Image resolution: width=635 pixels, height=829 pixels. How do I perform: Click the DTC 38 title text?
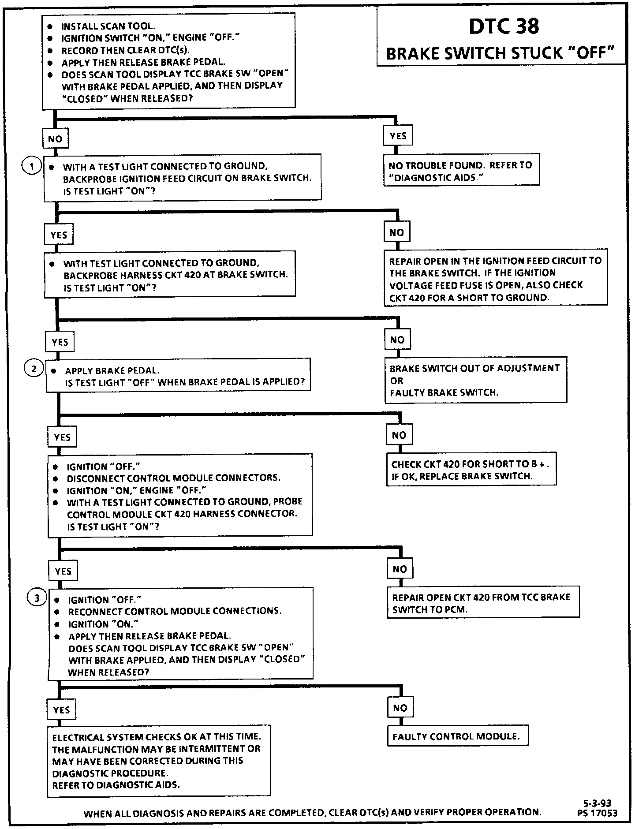point(504,26)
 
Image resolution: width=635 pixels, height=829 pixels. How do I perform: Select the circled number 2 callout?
point(34,368)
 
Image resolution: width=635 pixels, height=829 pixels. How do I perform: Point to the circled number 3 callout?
point(37,598)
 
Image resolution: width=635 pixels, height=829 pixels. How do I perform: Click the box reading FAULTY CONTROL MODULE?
point(457,736)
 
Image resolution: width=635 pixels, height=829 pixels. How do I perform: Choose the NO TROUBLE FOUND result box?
point(461,171)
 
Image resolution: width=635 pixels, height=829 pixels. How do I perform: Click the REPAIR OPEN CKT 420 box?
point(483,603)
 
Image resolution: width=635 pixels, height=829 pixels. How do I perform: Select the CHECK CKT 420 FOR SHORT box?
point(471,470)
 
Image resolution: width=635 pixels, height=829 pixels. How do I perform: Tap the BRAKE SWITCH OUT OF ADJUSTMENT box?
point(475,380)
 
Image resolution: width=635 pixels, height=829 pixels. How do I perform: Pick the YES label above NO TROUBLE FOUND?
point(398,136)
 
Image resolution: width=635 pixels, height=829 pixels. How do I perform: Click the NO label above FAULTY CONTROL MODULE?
point(400,708)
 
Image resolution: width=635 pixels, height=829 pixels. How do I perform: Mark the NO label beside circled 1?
point(55,139)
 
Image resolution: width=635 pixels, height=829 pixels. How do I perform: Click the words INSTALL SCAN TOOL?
point(108,26)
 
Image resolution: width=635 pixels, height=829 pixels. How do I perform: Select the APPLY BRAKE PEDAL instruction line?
point(112,370)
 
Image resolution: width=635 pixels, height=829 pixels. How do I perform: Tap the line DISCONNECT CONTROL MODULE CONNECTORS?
point(173,478)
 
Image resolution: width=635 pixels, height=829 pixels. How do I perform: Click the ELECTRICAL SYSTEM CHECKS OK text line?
point(157,737)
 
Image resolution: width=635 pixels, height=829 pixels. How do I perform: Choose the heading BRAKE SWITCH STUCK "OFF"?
point(501,53)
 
